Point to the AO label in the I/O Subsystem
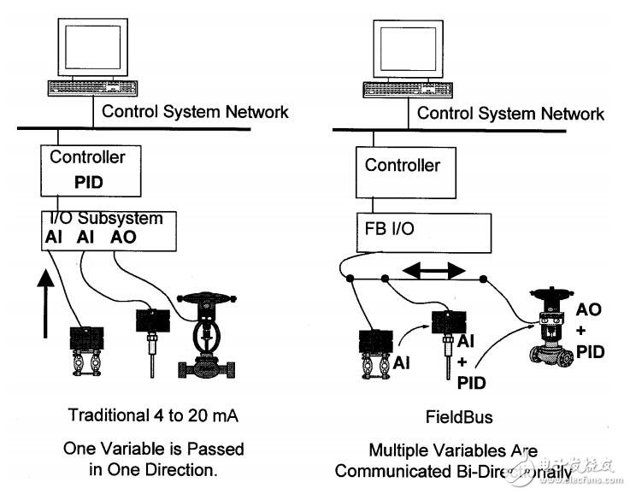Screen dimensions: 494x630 click(x=125, y=237)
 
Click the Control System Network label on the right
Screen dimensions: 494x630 click(x=510, y=114)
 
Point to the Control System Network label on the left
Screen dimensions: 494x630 click(x=195, y=111)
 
